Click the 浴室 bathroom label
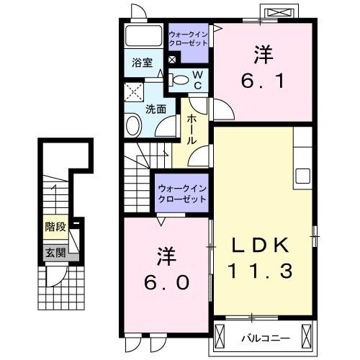(x=142, y=63)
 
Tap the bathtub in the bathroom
(x=143, y=36)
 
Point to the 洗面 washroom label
(x=156, y=109)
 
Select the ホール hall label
(x=192, y=130)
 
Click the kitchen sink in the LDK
(x=302, y=176)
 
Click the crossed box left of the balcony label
(x=225, y=335)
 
